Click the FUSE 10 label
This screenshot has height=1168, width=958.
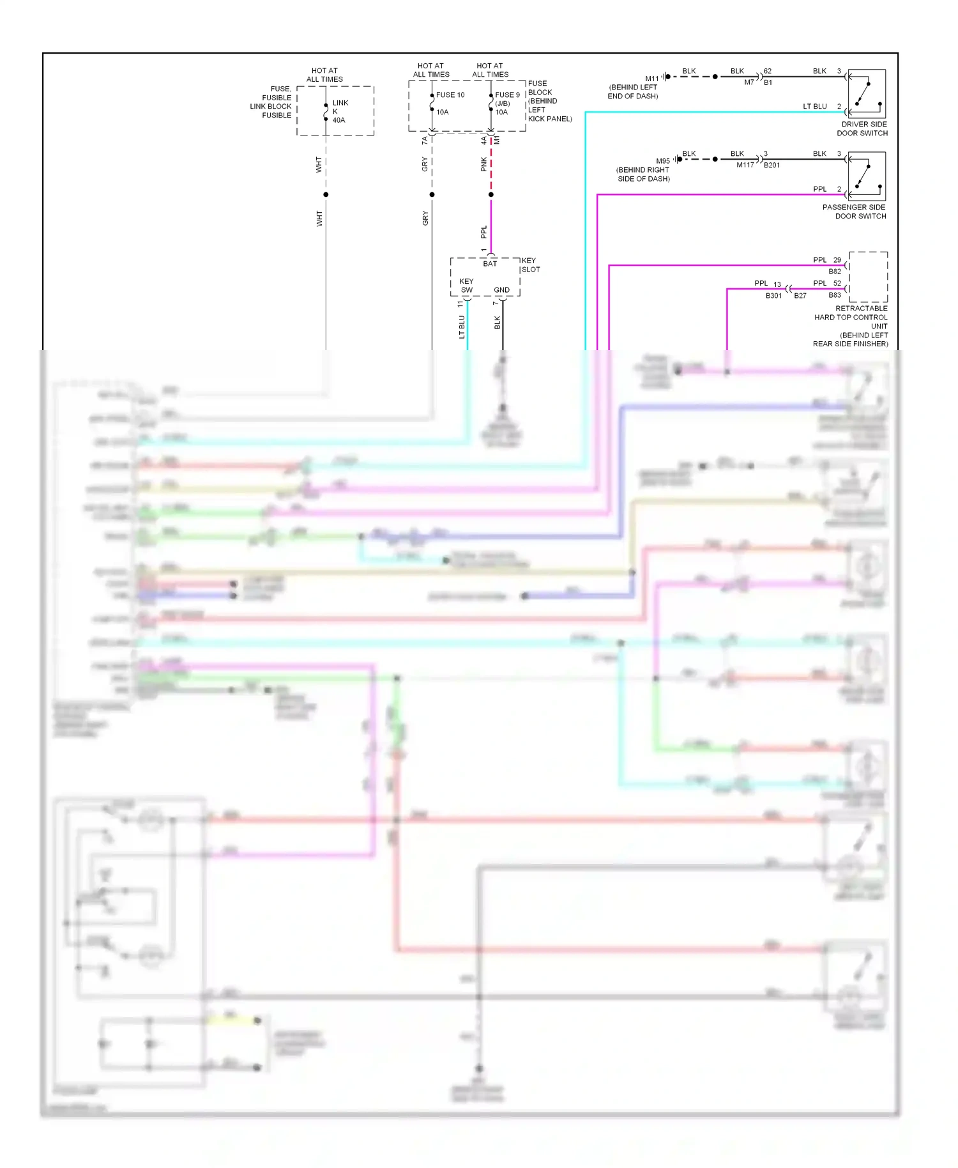[x=450, y=95]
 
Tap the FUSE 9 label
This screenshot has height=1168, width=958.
[x=507, y=95]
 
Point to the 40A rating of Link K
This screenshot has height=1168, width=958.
[x=338, y=120]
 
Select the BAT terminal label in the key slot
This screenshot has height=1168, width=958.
[x=490, y=264]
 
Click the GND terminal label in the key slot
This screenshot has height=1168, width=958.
[x=502, y=290]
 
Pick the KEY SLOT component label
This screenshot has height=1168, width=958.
[x=530, y=265]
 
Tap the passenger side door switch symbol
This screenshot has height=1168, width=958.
[x=867, y=176]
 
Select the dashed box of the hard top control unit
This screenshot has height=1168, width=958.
[x=868, y=277]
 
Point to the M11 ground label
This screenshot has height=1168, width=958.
[x=651, y=79]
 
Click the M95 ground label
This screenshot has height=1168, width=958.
[x=663, y=161]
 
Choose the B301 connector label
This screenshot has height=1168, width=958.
[x=773, y=296]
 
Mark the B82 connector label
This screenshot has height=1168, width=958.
[x=835, y=272]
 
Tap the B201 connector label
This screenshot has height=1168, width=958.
[x=772, y=165]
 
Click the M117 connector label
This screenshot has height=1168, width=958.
[x=745, y=165]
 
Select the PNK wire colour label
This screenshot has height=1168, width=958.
[x=484, y=164]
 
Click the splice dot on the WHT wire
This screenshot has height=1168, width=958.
[x=326, y=194]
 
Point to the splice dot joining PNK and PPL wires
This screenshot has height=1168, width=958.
[x=490, y=194]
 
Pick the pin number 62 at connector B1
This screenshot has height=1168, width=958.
[x=768, y=71]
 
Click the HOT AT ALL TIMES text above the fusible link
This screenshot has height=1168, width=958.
[x=324, y=75]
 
